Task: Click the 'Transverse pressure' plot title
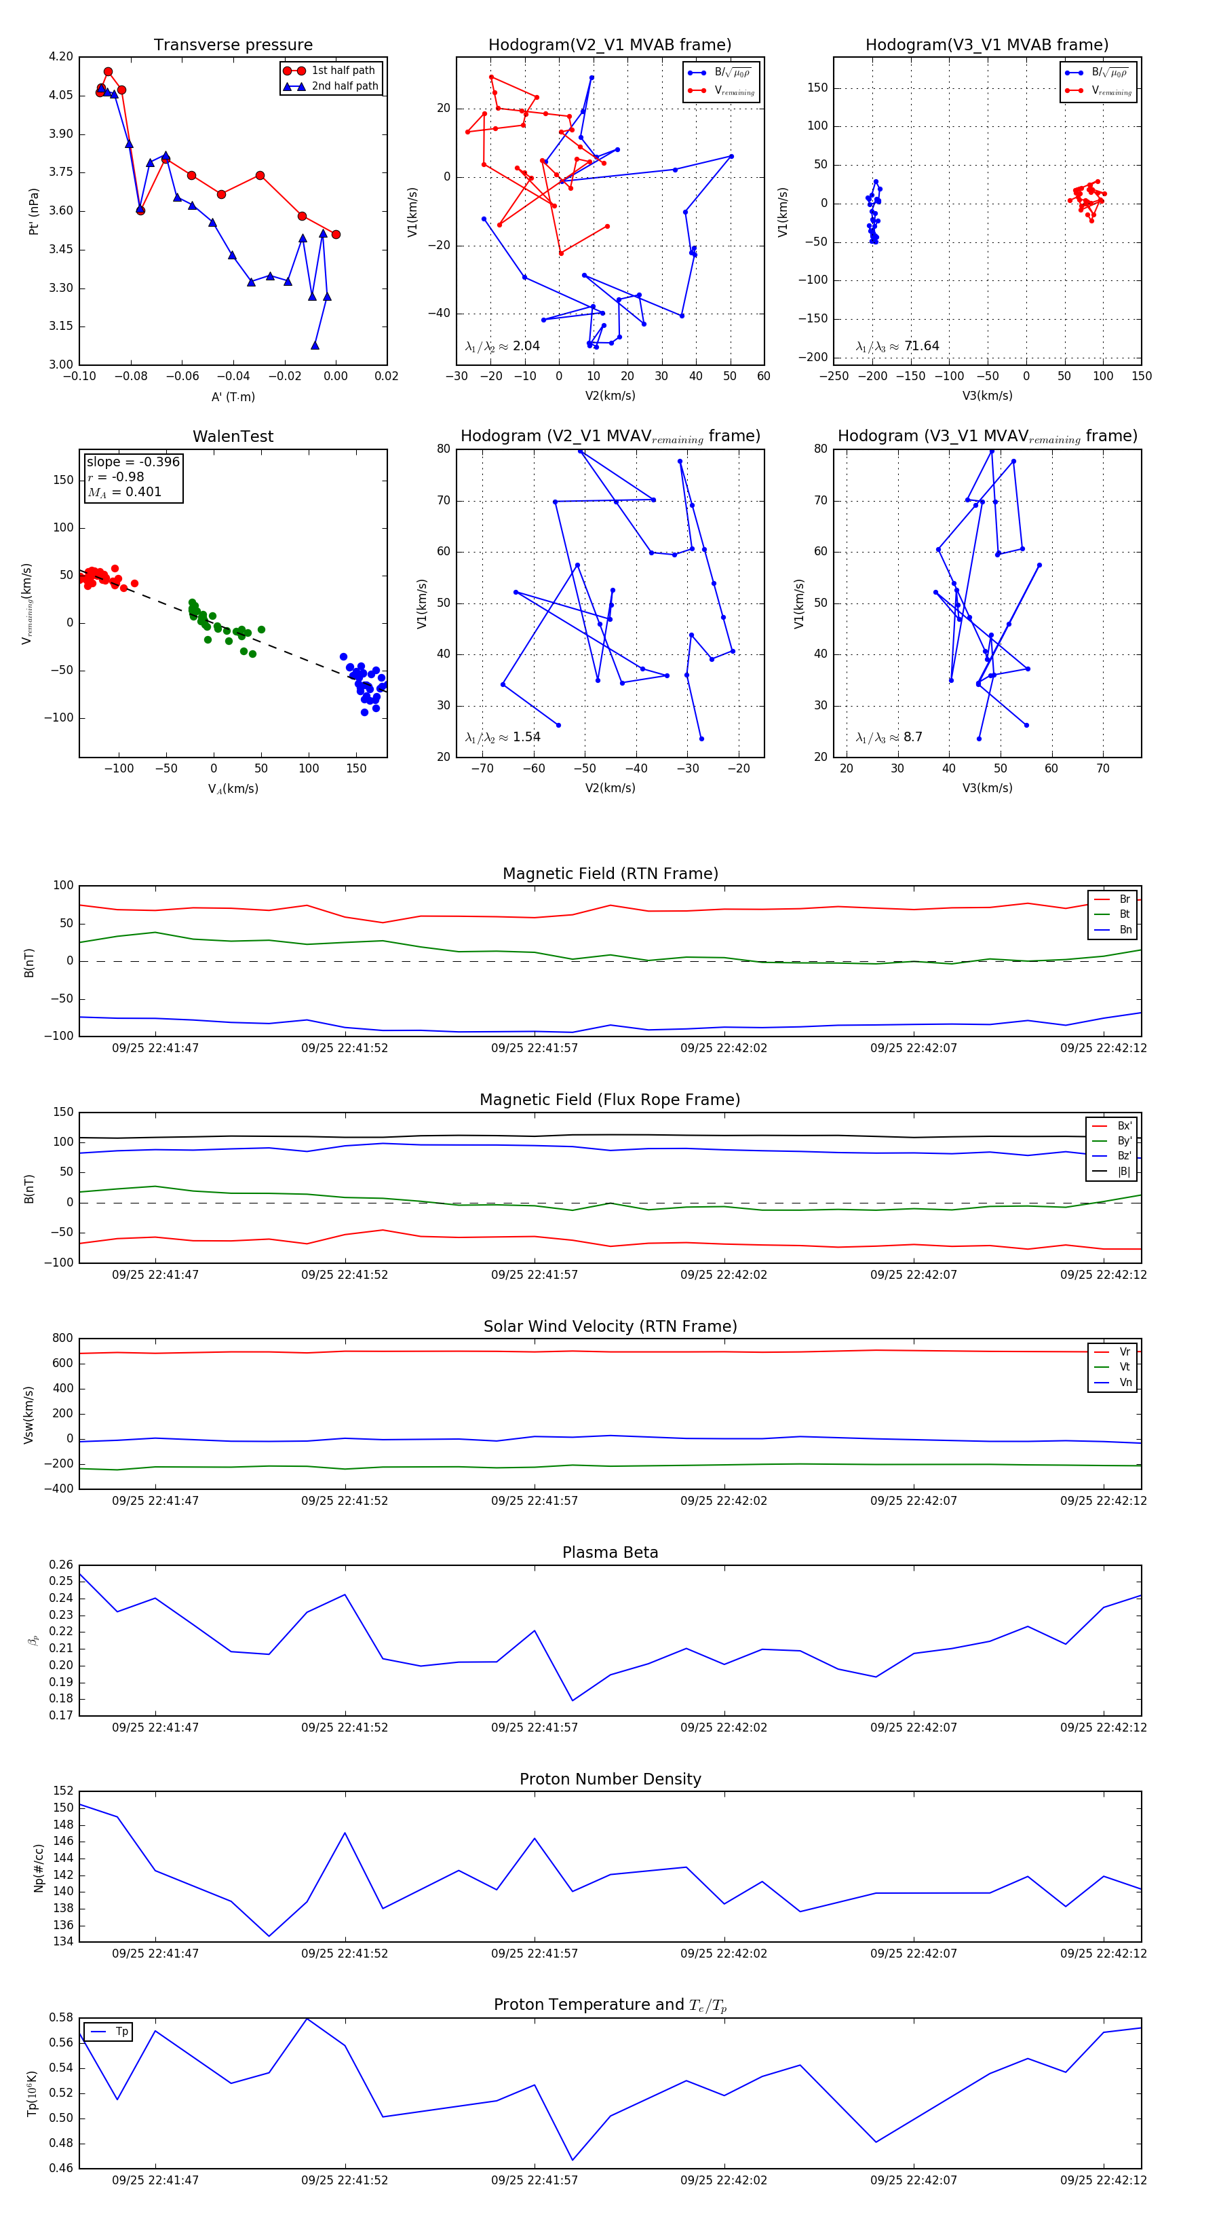tap(233, 45)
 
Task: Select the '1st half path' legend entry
tap(343, 71)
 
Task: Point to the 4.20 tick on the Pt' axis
tap(61, 58)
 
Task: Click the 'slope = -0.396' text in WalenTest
tap(133, 462)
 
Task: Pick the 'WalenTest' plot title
tap(233, 436)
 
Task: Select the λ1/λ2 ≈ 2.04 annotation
tap(502, 346)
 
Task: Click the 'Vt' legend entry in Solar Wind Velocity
tap(1125, 1367)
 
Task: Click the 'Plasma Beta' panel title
tap(610, 1552)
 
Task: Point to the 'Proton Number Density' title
tap(610, 1779)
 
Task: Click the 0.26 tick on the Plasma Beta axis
tap(61, 1565)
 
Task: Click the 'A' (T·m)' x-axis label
tap(233, 396)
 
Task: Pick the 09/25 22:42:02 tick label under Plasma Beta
tap(723, 1727)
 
